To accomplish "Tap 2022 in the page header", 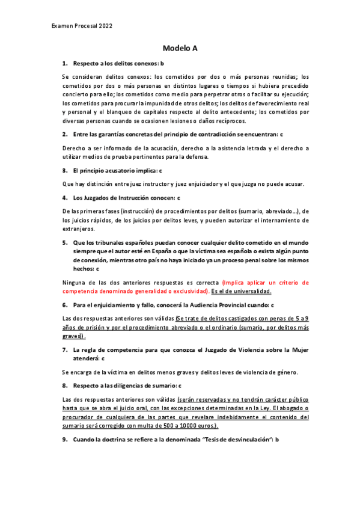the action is click(x=104, y=26).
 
